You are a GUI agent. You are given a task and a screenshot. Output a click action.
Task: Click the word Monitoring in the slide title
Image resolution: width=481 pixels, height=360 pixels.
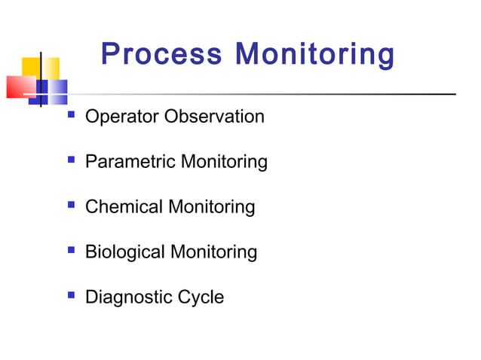tap(314, 55)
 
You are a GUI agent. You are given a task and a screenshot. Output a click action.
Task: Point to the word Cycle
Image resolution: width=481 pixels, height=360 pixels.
tap(201, 297)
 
